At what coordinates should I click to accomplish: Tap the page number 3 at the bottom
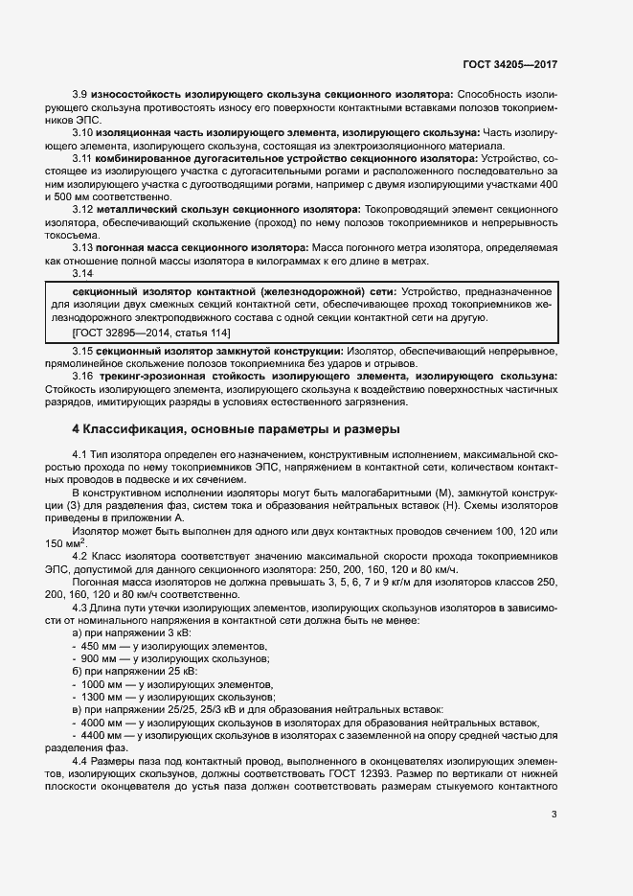pos(554,815)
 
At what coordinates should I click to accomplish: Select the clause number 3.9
pos(80,94)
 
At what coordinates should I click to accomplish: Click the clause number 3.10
pos(83,131)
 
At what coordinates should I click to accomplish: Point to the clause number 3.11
pos(83,156)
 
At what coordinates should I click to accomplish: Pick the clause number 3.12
pos(83,208)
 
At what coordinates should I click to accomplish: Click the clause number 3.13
pos(83,246)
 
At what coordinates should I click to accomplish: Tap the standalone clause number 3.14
pos(83,272)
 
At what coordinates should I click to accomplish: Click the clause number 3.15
pos(83,352)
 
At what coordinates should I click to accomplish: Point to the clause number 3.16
pos(83,377)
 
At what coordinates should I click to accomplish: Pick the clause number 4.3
pos(80,608)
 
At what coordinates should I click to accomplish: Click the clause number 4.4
pos(80,761)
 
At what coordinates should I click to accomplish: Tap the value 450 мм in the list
pos(101,646)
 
